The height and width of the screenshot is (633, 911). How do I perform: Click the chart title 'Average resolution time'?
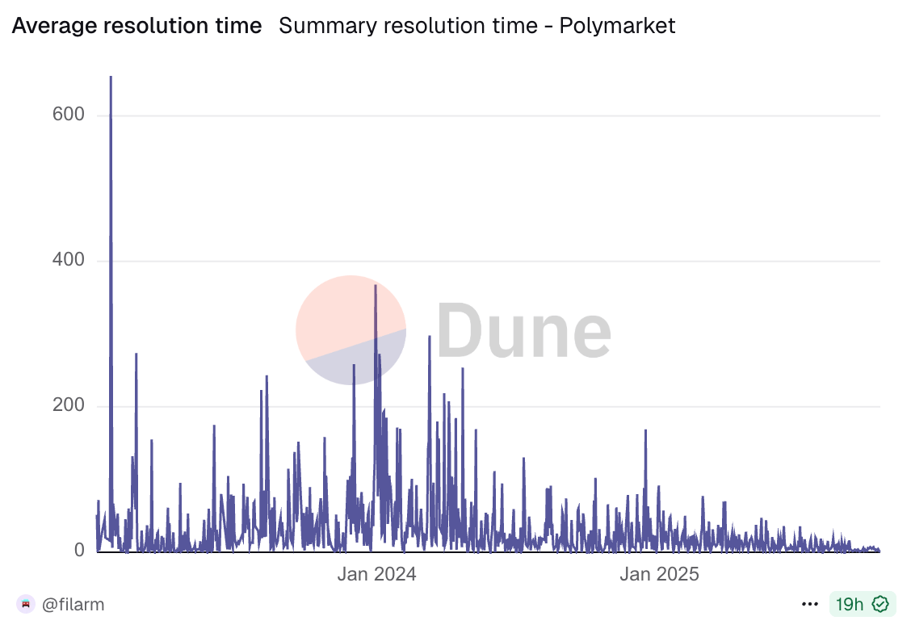(136, 26)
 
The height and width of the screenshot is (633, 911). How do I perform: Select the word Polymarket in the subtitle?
(617, 26)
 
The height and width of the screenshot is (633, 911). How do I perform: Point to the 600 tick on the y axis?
(68, 115)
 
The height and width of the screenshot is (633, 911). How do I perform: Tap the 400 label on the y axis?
(68, 260)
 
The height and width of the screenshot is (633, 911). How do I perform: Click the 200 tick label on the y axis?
(68, 405)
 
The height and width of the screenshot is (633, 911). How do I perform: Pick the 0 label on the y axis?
(79, 551)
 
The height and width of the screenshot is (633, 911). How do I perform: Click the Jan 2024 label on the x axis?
(376, 575)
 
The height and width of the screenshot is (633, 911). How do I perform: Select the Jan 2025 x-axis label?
(659, 575)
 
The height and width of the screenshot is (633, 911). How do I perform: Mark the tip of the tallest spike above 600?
(111, 78)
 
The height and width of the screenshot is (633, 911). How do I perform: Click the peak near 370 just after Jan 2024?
(376, 286)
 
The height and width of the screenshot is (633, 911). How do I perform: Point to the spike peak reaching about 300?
(430, 337)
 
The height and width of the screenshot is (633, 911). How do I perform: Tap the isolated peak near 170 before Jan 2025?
(645, 431)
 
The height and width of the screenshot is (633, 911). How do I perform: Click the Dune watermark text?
(523, 329)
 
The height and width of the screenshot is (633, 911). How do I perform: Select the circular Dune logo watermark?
(351, 329)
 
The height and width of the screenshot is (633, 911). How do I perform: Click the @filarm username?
(73, 604)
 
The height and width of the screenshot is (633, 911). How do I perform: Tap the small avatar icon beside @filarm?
(26, 604)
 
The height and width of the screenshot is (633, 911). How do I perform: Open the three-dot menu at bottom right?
(810, 604)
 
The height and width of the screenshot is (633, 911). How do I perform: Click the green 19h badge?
(862, 604)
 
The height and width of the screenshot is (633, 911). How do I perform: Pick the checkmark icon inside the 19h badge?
(880, 604)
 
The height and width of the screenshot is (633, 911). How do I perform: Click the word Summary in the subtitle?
(318, 26)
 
